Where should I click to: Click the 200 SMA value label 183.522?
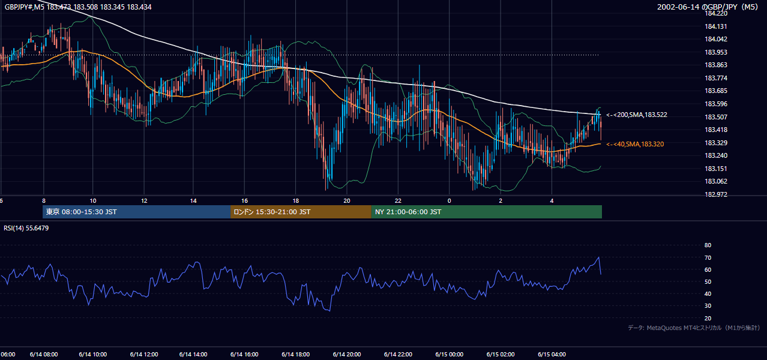(637, 115)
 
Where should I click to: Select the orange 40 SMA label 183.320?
(635, 144)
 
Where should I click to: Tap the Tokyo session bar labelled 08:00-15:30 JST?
(137, 212)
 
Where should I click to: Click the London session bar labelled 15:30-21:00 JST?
(301, 212)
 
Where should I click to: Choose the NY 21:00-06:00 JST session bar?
(486, 212)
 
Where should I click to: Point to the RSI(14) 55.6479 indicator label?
(26, 228)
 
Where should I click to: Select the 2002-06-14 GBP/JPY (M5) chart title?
(708, 7)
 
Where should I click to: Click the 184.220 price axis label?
(715, 13)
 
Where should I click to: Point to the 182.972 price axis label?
(715, 194)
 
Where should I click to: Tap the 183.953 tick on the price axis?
(715, 52)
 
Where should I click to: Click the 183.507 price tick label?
(715, 117)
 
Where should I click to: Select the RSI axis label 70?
(708, 257)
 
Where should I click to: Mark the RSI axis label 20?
(708, 318)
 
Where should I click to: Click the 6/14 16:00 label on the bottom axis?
(244, 355)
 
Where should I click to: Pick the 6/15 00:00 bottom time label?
(450, 355)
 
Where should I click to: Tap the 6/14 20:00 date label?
(347, 355)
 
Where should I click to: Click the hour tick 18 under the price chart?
(295, 201)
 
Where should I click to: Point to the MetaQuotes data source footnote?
(694, 328)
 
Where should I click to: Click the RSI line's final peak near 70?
(598, 257)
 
